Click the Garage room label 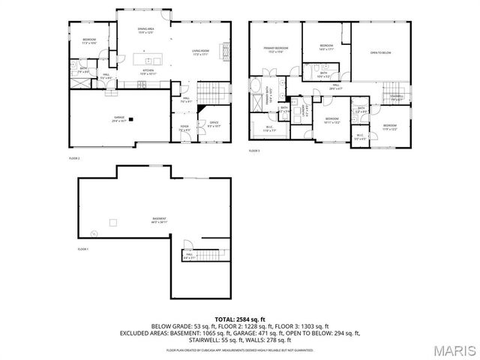[x=118, y=118]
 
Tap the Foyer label [x=184, y=128]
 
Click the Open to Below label [x=381, y=52]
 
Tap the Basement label [x=159, y=220]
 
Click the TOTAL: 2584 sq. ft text [x=239, y=319]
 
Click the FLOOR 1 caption [x=82, y=248]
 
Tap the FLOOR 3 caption [x=254, y=151]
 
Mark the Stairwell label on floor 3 [x=396, y=96]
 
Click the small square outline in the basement [x=113, y=221]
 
